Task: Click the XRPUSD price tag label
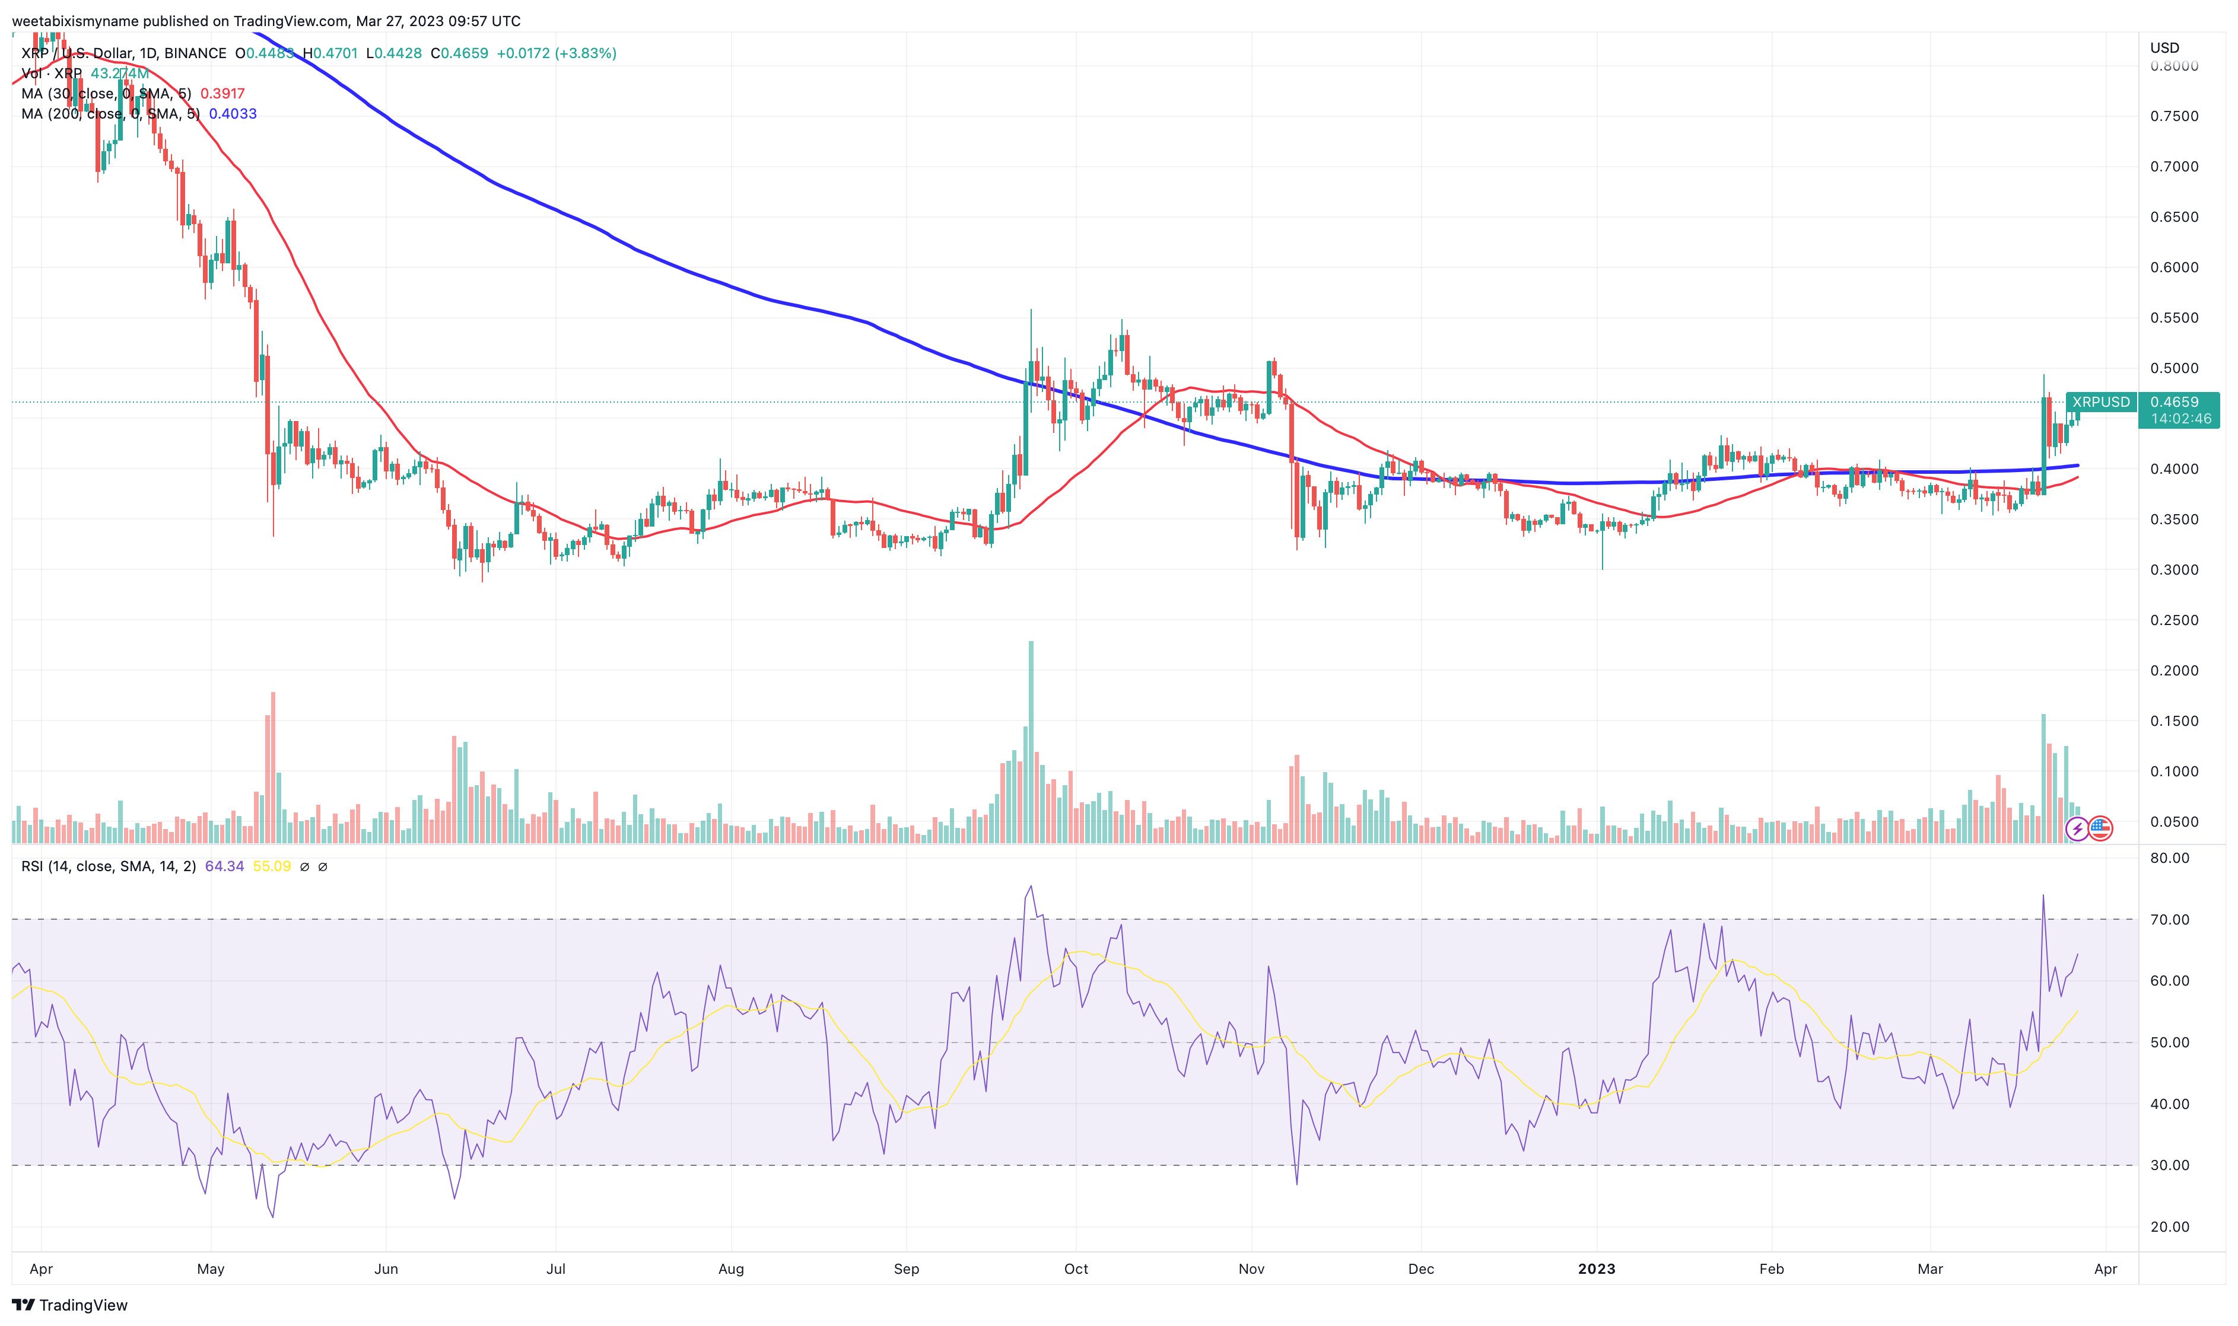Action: tap(2100, 402)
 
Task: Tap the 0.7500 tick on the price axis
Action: tap(2174, 116)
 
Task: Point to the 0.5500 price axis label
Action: tap(2174, 318)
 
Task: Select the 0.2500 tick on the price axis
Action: tap(2174, 620)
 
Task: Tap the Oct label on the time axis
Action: tap(1076, 1269)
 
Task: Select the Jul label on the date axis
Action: tap(556, 1269)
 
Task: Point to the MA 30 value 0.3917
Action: tap(222, 94)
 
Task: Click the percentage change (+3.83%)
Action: tap(586, 53)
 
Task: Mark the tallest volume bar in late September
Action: tap(1031, 742)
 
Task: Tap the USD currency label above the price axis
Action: tap(2164, 47)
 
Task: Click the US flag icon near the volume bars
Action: tap(2100, 829)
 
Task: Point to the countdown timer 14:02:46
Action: tap(2181, 418)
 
